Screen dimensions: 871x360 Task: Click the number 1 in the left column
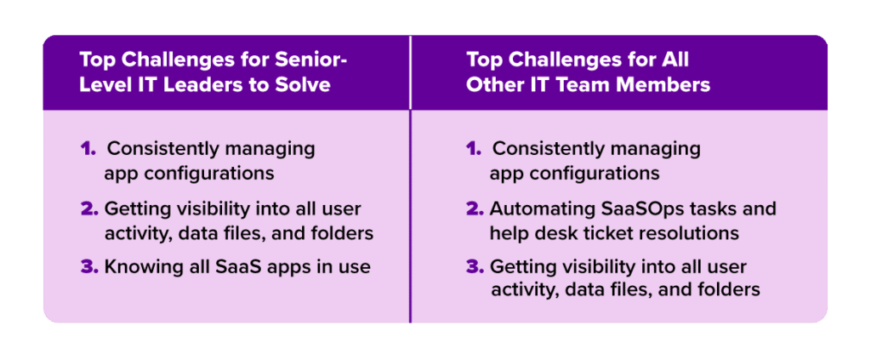point(88,149)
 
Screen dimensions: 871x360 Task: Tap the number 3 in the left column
point(88,266)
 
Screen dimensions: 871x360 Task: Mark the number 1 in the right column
point(473,149)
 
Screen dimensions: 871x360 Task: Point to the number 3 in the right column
point(475,266)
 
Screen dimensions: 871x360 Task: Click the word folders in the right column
point(728,290)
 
